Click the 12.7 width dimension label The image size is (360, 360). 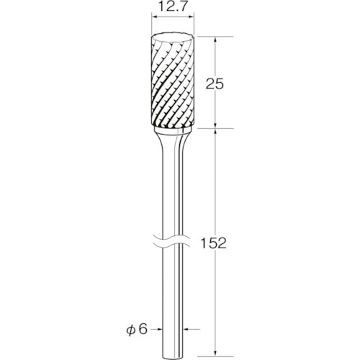[x=172, y=8]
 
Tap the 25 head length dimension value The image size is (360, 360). [x=215, y=84]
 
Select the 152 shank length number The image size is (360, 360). [x=213, y=243]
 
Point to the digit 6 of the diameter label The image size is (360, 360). [x=143, y=330]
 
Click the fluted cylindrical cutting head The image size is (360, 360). [x=172, y=81]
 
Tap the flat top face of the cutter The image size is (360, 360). [x=172, y=38]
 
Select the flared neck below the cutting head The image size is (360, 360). [x=172, y=144]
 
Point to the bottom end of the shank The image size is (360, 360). [x=172, y=355]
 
